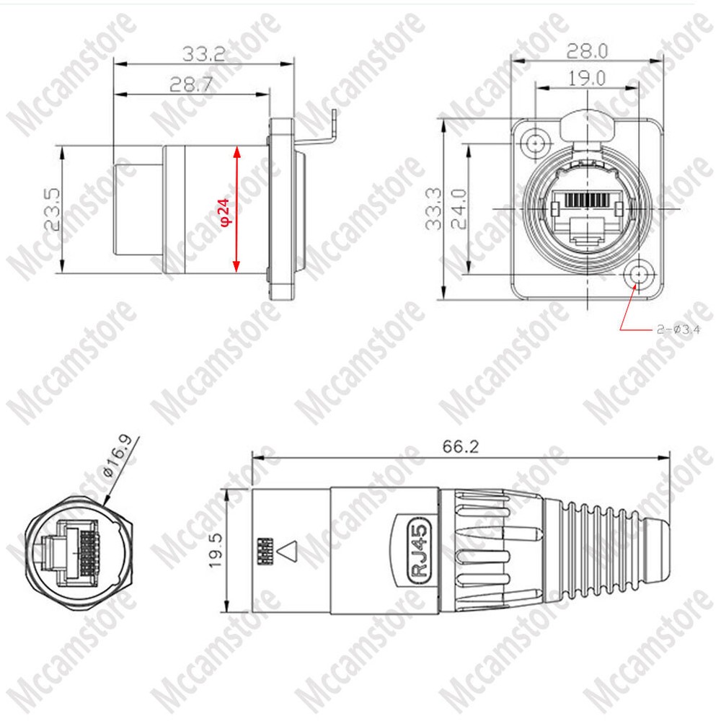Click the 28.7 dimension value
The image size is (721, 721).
click(191, 84)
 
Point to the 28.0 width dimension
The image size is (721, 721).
click(588, 50)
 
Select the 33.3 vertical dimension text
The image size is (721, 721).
click(433, 208)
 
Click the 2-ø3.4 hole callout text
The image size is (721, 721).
click(678, 329)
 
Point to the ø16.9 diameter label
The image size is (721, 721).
click(119, 459)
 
